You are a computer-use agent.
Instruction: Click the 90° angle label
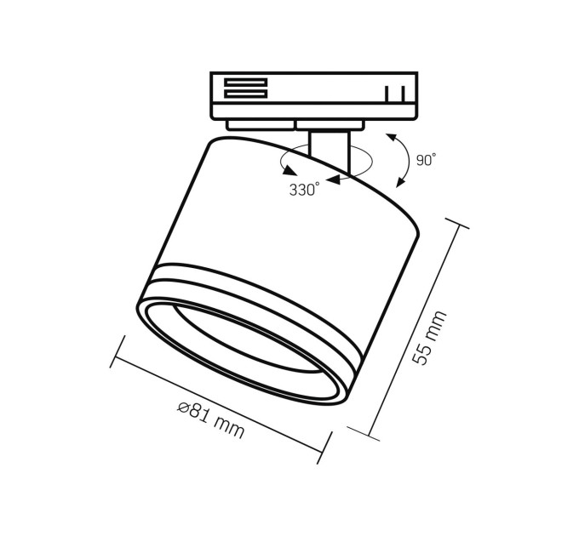(x=426, y=160)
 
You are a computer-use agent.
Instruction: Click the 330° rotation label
(x=304, y=189)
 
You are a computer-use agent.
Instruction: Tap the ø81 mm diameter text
(x=211, y=419)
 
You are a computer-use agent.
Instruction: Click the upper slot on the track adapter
(x=245, y=83)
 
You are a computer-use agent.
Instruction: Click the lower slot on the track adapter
(x=245, y=94)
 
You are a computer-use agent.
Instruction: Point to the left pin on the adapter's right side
(x=387, y=94)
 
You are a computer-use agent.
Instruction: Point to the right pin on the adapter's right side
(x=403, y=94)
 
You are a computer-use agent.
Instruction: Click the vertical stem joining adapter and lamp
(x=329, y=151)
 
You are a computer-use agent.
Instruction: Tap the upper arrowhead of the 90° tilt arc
(x=391, y=139)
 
